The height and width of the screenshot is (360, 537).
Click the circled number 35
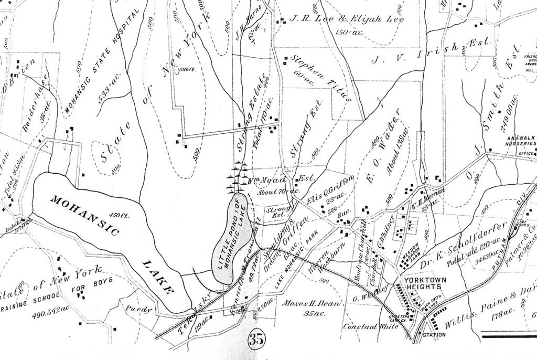click(256, 339)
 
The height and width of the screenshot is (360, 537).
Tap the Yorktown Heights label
click(425, 284)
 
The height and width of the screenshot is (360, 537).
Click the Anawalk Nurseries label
click(520, 140)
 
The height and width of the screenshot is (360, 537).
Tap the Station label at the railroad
click(434, 334)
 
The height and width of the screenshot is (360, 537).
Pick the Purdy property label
click(139, 310)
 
